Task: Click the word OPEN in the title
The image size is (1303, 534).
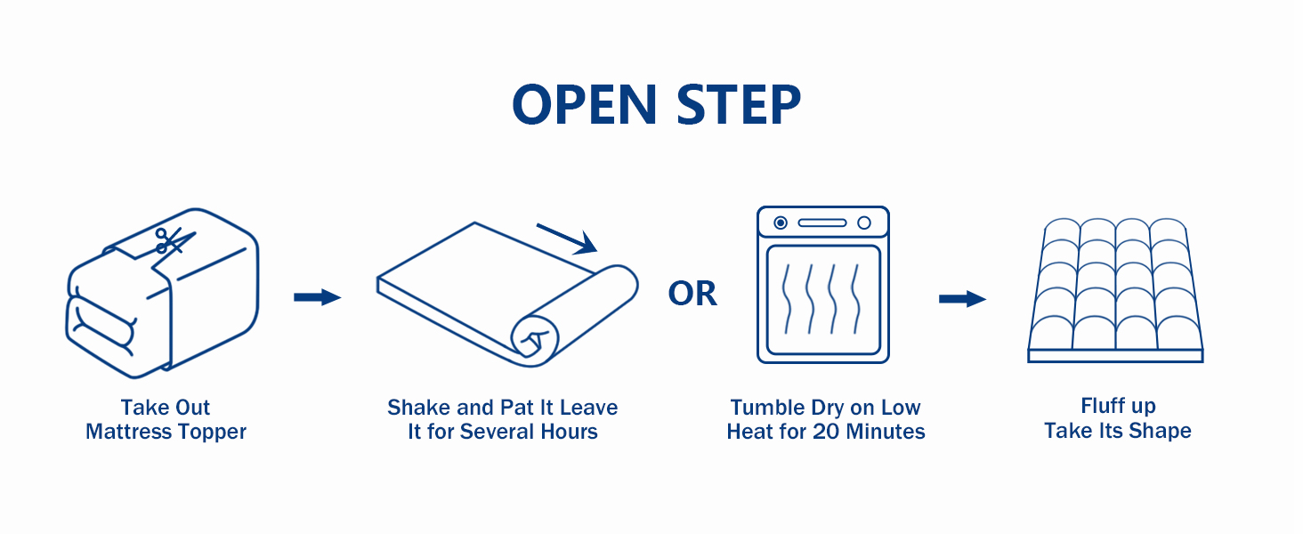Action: click(585, 105)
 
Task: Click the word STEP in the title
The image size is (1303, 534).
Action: click(740, 105)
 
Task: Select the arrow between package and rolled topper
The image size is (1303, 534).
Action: click(317, 297)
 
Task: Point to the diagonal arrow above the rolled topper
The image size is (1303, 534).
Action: click(567, 239)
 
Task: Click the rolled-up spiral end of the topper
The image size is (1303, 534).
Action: click(535, 341)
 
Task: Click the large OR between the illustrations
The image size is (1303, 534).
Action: click(692, 293)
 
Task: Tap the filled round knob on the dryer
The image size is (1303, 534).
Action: click(781, 222)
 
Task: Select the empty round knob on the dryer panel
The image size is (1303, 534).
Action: click(864, 222)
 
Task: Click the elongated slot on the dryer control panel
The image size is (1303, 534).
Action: click(822, 222)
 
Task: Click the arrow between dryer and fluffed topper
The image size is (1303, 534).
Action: click(963, 299)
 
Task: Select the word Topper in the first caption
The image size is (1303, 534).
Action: click(213, 433)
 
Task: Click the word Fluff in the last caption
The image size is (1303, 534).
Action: click(1098, 406)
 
